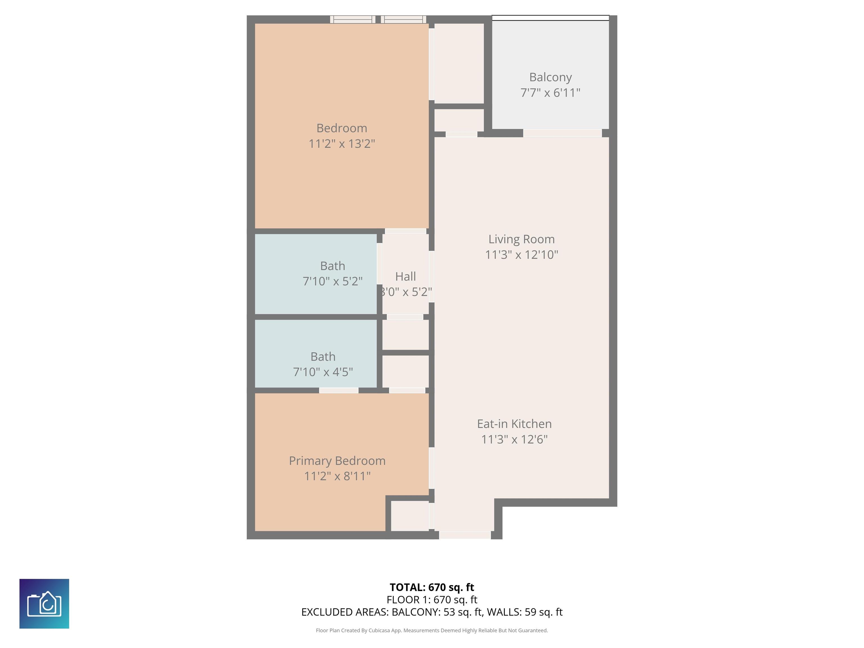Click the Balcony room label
click(550, 77)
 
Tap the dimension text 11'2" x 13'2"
click(342, 144)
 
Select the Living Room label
click(521, 239)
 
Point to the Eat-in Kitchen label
click(514, 424)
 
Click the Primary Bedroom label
click(337, 461)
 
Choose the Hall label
click(406, 276)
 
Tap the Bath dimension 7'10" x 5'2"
click(333, 281)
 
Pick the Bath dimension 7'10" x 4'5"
click(323, 372)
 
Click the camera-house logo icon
click(44, 604)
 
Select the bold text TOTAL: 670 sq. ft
click(432, 587)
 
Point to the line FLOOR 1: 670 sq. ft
click(432, 600)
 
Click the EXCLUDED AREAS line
click(432, 612)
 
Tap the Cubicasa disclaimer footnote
click(432, 631)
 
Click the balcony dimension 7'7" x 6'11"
click(550, 93)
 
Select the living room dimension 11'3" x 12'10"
click(521, 255)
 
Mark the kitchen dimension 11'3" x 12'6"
click(514, 439)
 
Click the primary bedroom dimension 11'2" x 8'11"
click(337, 476)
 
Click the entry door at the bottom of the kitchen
click(465, 535)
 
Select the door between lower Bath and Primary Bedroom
click(339, 390)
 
